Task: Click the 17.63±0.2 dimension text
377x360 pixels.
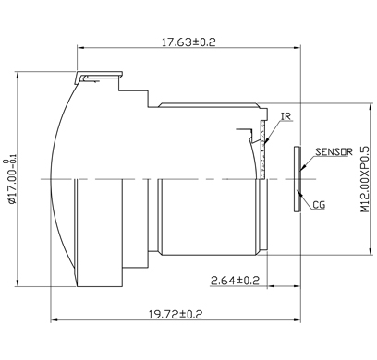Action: click(x=188, y=42)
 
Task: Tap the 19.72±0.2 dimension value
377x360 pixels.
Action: click(x=176, y=315)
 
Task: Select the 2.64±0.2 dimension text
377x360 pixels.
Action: click(x=235, y=281)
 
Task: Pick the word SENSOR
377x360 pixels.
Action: click(x=334, y=151)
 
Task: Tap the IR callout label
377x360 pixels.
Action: click(x=286, y=116)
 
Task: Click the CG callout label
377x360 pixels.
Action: click(x=319, y=205)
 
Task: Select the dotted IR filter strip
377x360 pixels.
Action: click(x=262, y=150)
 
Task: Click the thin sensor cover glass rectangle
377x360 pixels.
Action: click(x=297, y=179)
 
